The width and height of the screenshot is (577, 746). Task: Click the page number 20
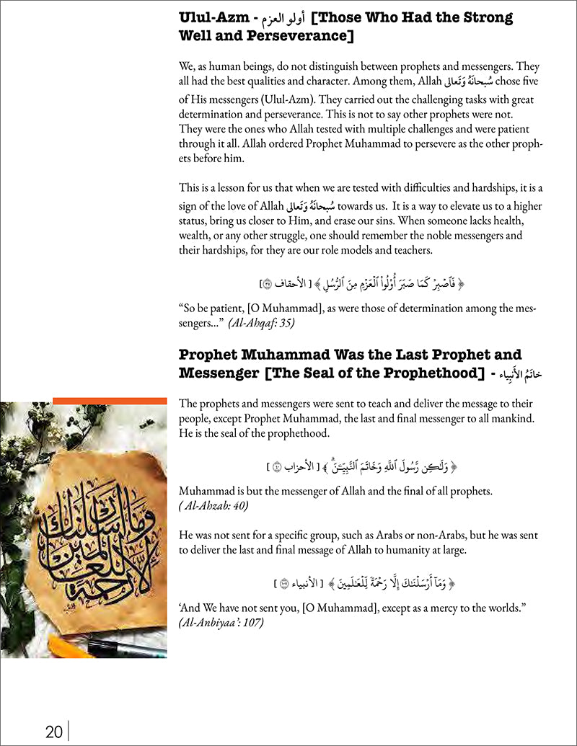(x=53, y=732)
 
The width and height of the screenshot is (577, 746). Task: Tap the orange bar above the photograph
(x=110, y=399)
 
